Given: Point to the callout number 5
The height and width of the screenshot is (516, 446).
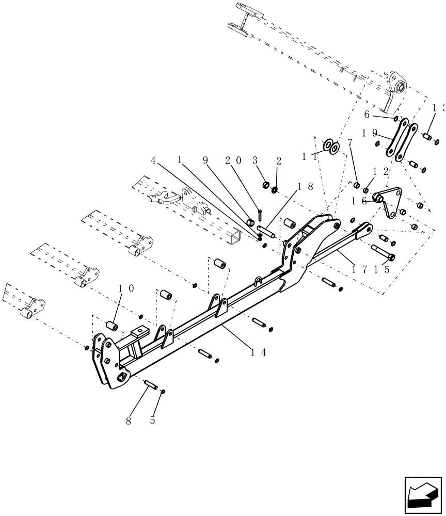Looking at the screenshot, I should tap(152, 421).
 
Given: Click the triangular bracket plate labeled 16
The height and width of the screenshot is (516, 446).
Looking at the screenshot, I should tap(393, 204).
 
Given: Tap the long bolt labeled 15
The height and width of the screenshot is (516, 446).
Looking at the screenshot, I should tap(383, 253).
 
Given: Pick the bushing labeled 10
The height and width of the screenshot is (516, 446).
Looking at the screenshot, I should tap(111, 326).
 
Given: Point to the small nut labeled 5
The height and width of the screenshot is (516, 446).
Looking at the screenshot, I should tap(162, 392).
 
